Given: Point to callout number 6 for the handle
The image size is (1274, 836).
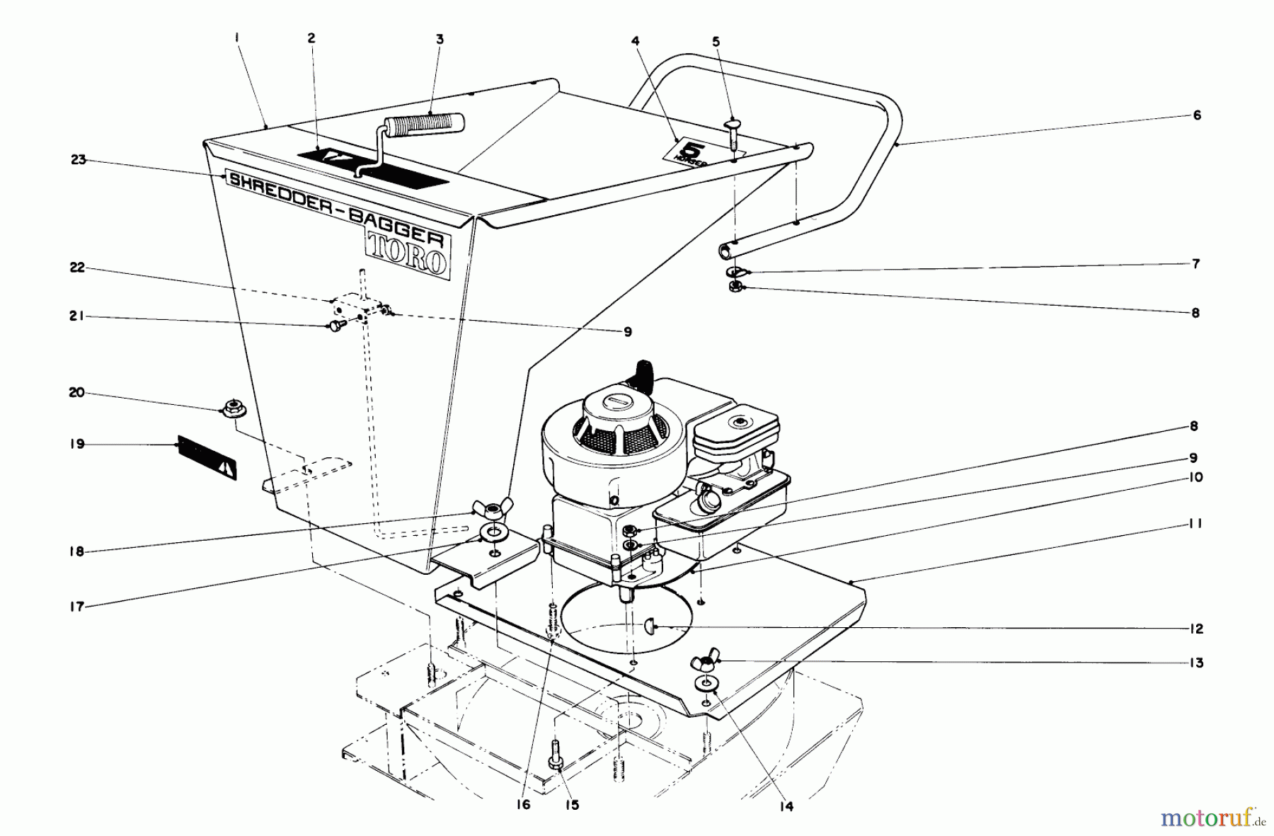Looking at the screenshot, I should click(1196, 115).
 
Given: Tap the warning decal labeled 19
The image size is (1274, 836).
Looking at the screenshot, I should click(206, 457).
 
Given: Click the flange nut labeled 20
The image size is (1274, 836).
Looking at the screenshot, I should click(230, 408).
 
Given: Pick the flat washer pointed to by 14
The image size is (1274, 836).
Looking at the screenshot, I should click(706, 684).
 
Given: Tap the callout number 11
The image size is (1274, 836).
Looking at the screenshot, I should click(1195, 524).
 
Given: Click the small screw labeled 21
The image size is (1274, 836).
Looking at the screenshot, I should click(334, 326).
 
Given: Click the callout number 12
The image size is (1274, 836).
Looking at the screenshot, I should click(1195, 629).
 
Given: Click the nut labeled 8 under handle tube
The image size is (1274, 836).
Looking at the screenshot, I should click(735, 287).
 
